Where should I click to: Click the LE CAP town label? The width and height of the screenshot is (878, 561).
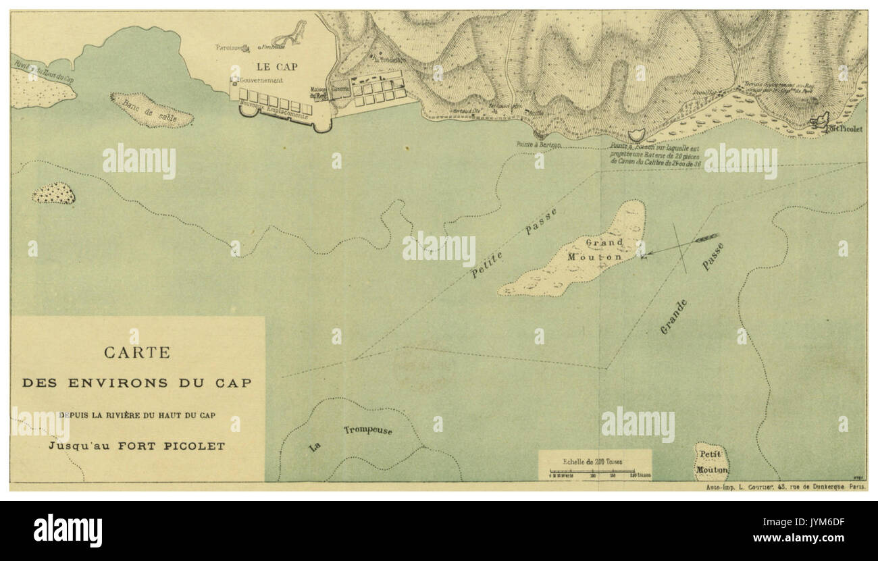pyautogui.click(x=276, y=68)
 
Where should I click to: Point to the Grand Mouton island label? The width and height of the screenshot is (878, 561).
pyautogui.click(x=603, y=250)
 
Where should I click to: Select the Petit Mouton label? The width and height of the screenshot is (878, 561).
pyautogui.click(x=712, y=462)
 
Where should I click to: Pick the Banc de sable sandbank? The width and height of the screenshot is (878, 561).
pyautogui.click(x=152, y=111)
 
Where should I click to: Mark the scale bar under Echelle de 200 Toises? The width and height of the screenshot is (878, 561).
pyautogui.click(x=594, y=473)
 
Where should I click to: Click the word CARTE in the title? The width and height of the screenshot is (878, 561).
pyautogui.click(x=136, y=352)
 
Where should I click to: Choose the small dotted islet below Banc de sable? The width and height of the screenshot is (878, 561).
pyautogui.click(x=53, y=193)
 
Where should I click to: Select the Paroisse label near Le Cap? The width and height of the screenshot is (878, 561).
pyautogui.click(x=228, y=47)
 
